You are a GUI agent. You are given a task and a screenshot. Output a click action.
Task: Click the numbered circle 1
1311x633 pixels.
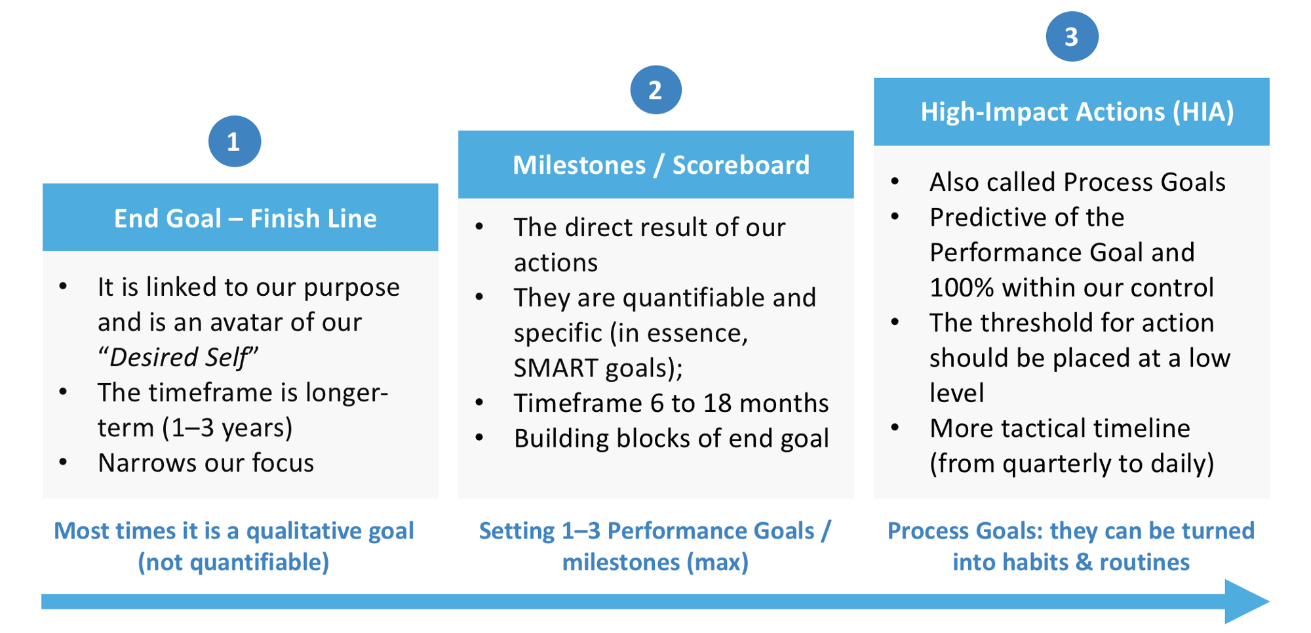235,142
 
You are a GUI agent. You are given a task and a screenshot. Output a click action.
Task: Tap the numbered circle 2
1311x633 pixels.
655,90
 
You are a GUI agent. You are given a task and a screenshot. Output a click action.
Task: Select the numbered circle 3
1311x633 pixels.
1072,37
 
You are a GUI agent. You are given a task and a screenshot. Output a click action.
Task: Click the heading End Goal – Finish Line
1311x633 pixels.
245,218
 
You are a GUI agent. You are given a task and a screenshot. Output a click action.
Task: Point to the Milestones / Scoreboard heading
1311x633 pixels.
661,165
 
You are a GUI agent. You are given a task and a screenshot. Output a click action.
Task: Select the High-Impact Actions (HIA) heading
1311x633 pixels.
1077,112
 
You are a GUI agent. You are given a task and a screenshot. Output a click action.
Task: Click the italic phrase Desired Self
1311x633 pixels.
178,357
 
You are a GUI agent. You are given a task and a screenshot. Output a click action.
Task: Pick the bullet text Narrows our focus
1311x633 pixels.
206,463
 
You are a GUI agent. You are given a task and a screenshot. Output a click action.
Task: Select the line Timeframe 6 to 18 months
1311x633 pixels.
671,403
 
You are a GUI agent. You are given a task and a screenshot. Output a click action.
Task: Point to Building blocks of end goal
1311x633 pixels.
671,439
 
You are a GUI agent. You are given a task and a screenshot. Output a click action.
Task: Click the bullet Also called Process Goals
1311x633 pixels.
1077,182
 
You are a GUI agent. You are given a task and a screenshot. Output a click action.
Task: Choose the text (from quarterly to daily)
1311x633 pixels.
1072,464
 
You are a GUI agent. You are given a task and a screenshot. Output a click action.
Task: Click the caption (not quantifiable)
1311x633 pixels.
233,562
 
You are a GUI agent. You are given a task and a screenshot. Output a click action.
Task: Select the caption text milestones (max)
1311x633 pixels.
655,562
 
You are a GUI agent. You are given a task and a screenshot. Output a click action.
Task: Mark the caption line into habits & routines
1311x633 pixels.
1071,562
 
